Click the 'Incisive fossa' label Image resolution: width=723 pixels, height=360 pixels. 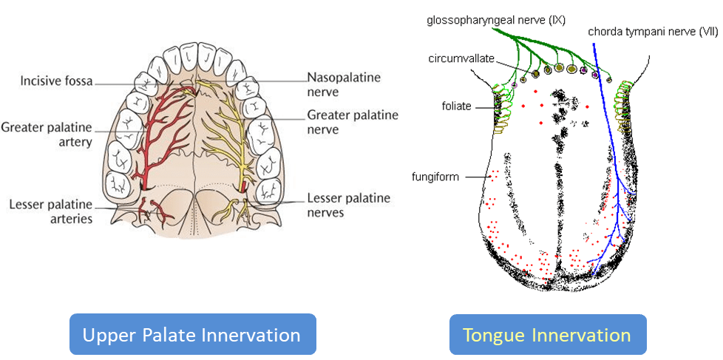pos(57,81)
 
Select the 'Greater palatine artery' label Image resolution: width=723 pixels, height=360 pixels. pos(46,134)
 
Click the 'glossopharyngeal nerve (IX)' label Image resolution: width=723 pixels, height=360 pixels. pos(495,20)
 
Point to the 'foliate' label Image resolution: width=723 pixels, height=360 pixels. pos(457,106)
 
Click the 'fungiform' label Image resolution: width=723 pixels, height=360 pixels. pos(435,177)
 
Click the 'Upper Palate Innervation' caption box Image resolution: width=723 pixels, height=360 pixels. pos(191,335)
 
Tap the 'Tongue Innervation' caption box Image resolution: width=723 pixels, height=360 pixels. pos(547,335)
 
